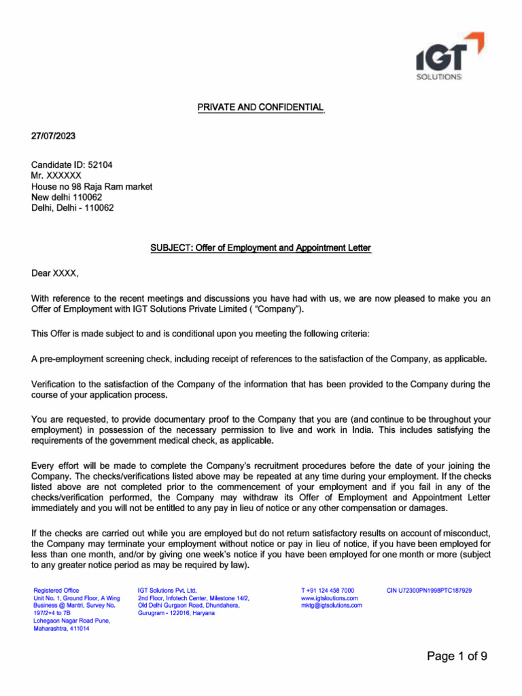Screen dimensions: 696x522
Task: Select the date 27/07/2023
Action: pyautogui.click(x=54, y=136)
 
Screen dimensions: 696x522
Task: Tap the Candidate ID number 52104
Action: pyautogui.click(x=91, y=164)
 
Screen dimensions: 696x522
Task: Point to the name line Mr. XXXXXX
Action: pyautogui.click(x=56, y=175)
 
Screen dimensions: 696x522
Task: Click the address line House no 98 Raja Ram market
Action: pyautogui.click(x=92, y=186)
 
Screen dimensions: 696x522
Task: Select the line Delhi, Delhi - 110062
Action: pyautogui.click(x=73, y=208)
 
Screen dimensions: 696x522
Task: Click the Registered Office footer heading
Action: pyautogui.click(x=56, y=590)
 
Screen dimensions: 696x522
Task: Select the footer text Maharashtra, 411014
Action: pyautogui.click(x=61, y=628)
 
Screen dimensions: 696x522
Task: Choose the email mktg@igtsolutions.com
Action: pyautogui.click(x=332, y=605)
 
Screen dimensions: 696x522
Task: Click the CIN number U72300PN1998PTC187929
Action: pyautogui.click(x=429, y=590)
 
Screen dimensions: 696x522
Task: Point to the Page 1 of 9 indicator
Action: pyautogui.click(x=457, y=656)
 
